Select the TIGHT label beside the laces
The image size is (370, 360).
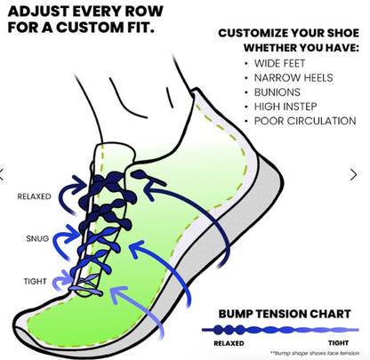coord(36,282)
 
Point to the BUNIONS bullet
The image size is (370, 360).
coord(277,92)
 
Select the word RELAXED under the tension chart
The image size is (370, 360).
coord(229,342)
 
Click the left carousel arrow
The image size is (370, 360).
coord(4,175)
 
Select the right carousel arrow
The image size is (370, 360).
coord(365,175)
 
